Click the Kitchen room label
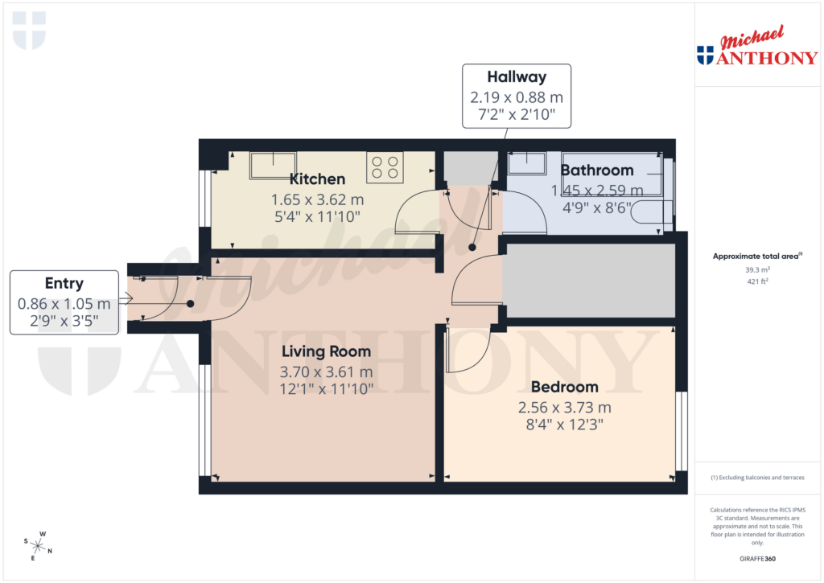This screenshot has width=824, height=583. [x=317, y=179]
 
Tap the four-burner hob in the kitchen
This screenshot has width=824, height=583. [x=384, y=167]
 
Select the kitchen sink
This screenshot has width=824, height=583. [x=274, y=165]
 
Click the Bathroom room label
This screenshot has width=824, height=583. [x=597, y=170]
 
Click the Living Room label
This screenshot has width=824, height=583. [x=326, y=351]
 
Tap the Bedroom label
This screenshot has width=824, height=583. [x=564, y=387]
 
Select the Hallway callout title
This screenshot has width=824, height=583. [x=517, y=77]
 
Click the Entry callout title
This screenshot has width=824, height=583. [x=64, y=284]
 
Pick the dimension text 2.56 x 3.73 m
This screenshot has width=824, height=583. [x=564, y=407]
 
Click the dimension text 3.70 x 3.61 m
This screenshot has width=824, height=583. [x=326, y=372]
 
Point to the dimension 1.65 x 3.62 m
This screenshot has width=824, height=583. [x=317, y=199]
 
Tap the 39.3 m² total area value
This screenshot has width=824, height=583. [x=756, y=270]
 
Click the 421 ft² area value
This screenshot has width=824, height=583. [x=756, y=281]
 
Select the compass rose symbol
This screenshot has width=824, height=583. [x=38, y=545]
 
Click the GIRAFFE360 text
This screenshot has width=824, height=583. [x=756, y=559]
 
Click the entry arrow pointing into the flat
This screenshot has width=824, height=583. [x=126, y=299]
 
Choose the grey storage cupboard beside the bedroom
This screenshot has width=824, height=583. [x=588, y=281]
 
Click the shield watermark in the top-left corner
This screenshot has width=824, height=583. [x=30, y=30]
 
